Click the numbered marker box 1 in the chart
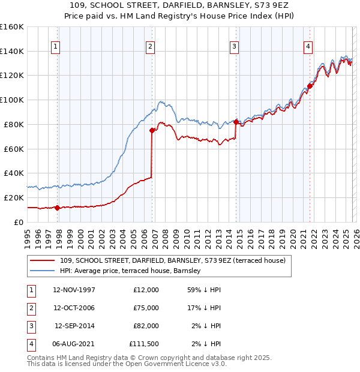(55, 46)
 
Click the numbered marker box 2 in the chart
(150, 46)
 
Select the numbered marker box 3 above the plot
(234, 46)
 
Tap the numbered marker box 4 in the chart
(307, 46)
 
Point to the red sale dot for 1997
(58, 208)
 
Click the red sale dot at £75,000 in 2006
(152, 130)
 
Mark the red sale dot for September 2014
(236, 122)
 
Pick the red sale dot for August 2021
(310, 86)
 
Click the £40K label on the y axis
(14, 173)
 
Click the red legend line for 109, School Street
(42, 260)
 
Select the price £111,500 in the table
(144, 344)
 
